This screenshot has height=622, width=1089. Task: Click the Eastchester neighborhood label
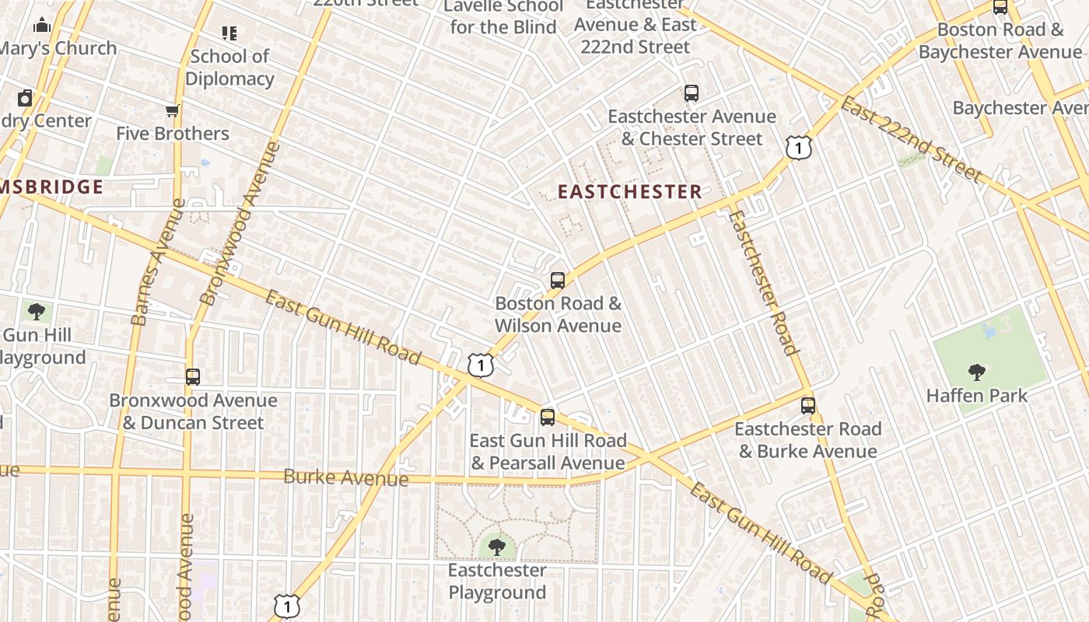(x=630, y=192)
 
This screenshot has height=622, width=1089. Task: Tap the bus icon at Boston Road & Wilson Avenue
(x=558, y=281)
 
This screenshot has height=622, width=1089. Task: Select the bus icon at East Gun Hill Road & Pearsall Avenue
(x=548, y=418)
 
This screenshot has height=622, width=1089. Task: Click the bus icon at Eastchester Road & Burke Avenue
(x=808, y=406)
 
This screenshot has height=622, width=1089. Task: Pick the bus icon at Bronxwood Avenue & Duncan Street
(x=193, y=377)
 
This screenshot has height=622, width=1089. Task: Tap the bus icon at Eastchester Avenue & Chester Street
(x=692, y=93)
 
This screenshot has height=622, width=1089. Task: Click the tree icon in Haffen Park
(x=977, y=372)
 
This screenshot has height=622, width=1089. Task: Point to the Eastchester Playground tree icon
(x=497, y=547)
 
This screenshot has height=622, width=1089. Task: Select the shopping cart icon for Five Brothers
(x=173, y=111)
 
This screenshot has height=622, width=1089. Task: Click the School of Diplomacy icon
(x=229, y=33)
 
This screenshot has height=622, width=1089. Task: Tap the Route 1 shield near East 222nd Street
(x=799, y=147)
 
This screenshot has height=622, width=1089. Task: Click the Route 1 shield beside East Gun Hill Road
(x=481, y=365)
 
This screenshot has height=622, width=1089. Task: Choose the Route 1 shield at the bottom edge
(x=287, y=606)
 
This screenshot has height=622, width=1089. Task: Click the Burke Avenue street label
(x=345, y=477)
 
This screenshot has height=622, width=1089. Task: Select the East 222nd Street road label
(x=911, y=140)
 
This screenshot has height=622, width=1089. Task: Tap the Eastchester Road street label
(x=763, y=282)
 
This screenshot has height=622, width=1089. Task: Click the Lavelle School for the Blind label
(x=503, y=17)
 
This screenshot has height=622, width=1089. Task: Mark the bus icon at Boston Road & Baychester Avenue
(x=1000, y=7)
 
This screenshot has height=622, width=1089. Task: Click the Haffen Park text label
(x=977, y=396)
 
